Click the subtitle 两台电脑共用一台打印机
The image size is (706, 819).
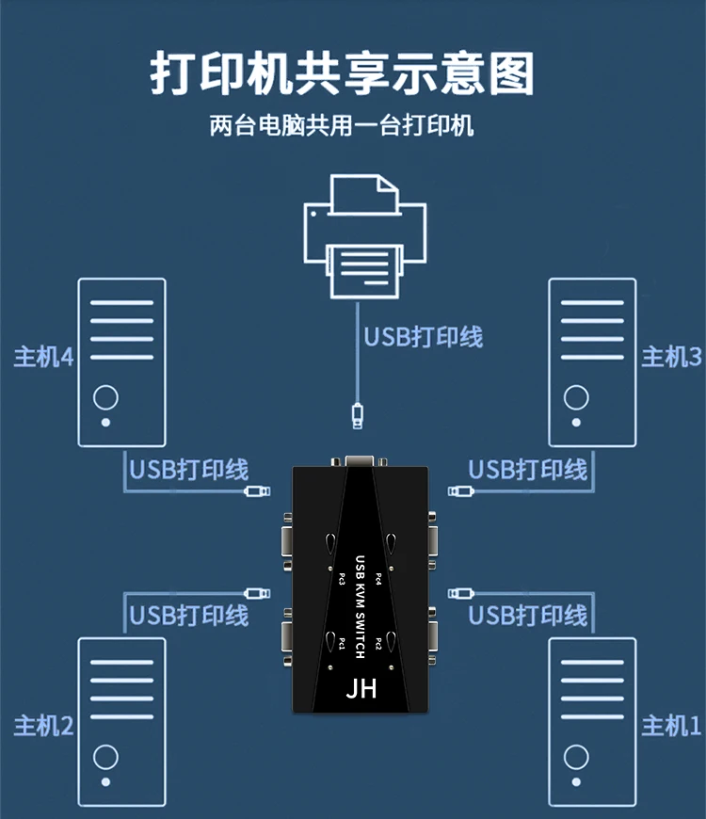[x=342, y=125]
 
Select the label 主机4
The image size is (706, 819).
[x=43, y=357]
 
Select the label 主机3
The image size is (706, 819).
[x=671, y=357]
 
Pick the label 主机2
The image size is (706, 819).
[x=43, y=726]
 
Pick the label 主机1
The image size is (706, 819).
[x=671, y=726]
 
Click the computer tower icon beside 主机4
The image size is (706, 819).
[x=121, y=361]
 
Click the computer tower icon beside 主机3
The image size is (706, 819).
[x=592, y=361]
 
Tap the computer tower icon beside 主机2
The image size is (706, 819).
[x=121, y=721]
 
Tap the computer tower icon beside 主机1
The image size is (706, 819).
[x=592, y=721]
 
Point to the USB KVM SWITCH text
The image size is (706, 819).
[x=360, y=606]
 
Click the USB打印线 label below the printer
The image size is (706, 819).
[x=424, y=336]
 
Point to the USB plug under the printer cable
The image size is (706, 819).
[x=358, y=414]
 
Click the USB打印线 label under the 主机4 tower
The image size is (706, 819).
[x=188, y=469]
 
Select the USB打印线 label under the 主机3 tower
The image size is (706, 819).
[x=528, y=469]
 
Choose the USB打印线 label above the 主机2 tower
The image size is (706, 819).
[x=188, y=616]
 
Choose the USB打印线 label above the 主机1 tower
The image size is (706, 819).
[x=528, y=616]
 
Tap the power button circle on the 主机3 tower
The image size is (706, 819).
[x=576, y=396]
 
